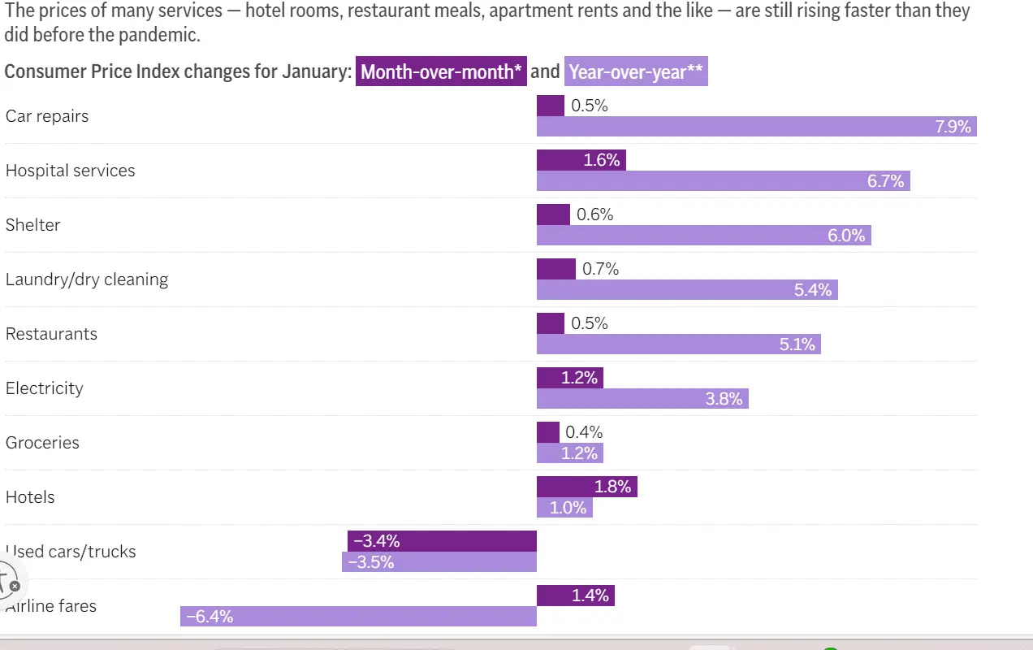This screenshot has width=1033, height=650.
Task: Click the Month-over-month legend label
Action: (441, 71)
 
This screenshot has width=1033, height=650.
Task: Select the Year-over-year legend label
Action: (636, 71)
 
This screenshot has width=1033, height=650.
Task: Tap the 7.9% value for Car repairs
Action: (953, 127)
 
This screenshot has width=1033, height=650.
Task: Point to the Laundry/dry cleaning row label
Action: (87, 279)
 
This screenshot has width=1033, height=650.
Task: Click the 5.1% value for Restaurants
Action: (797, 344)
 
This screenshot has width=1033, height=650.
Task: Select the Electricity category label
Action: (45, 388)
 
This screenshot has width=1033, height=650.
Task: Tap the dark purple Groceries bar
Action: (548, 432)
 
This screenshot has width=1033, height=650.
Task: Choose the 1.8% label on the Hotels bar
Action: (612, 487)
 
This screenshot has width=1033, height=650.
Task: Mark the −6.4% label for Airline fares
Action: (210, 617)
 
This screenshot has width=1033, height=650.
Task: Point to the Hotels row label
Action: (30, 497)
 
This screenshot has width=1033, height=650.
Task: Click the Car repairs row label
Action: (47, 116)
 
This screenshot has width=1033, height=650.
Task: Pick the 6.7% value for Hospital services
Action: (885, 181)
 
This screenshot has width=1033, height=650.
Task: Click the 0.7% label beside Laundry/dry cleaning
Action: (600, 269)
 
